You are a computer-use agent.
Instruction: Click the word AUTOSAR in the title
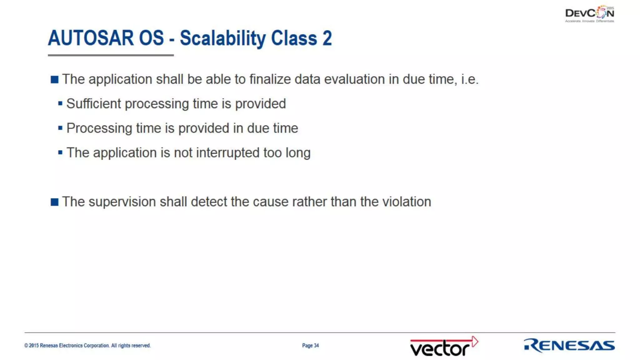(90, 38)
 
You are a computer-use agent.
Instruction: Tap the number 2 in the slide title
(327, 38)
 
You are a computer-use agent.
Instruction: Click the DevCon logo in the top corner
(589, 14)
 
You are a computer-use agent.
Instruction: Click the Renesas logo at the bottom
(569, 345)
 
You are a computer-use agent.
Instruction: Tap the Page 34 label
(310, 345)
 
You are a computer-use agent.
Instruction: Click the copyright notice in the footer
(87, 345)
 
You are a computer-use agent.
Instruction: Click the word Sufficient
(93, 104)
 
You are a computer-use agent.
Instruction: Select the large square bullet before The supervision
(54, 202)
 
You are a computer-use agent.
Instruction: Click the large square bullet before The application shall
(54, 80)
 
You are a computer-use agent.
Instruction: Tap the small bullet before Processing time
(60, 128)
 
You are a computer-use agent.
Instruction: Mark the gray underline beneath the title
(111, 55)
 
